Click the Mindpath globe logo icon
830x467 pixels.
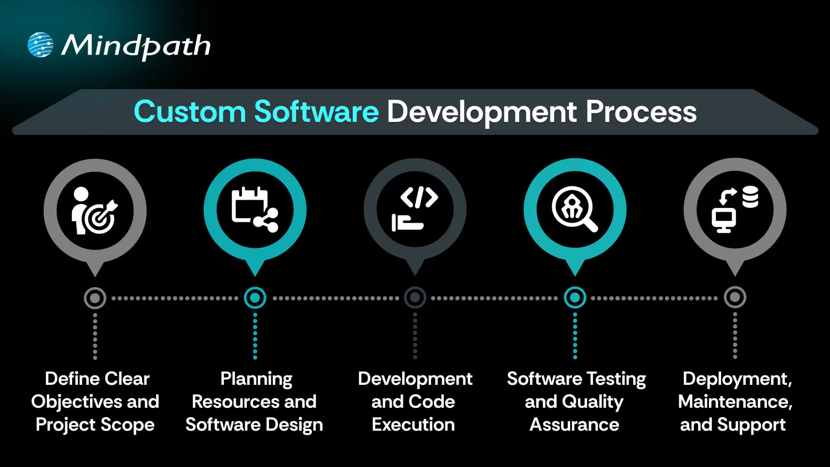click(x=40, y=45)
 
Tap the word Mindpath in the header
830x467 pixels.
click(x=136, y=46)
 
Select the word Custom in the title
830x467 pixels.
click(x=190, y=112)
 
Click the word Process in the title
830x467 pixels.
click(x=641, y=112)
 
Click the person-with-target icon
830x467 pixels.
click(x=95, y=211)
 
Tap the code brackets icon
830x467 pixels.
click(x=419, y=197)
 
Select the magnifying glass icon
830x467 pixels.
click(x=575, y=209)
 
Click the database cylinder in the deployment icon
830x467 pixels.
click(x=750, y=197)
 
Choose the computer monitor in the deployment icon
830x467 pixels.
click(x=724, y=221)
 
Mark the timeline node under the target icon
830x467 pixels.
click(x=95, y=298)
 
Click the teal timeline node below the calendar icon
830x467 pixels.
click(x=255, y=298)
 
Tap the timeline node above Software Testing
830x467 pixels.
click(x=575, y=298)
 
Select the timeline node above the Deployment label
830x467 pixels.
click(x=735, y=298)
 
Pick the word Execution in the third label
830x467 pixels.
click(x=413, y=425)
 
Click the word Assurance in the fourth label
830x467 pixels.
click(x=575, y=425)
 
